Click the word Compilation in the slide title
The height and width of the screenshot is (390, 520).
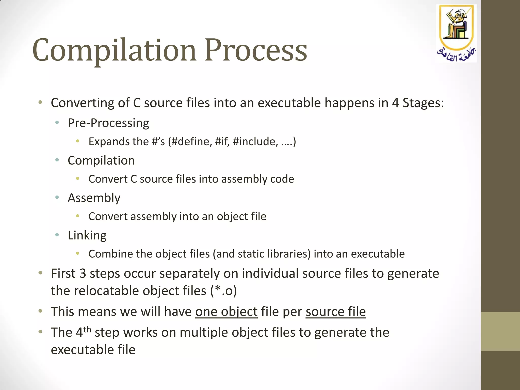click(114, 50)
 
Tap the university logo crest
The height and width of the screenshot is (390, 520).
click(456, 33)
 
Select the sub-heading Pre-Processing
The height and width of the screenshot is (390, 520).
click(108, 123)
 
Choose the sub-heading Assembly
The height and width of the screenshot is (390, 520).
click(94, 198)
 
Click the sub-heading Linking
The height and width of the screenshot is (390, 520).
click(87, 235)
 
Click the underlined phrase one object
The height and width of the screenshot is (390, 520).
click(226, 312)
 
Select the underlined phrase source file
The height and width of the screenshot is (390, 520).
click(335, 312)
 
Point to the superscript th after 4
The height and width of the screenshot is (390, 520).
click(87, 330)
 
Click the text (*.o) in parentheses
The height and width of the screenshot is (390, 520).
click(223, 291)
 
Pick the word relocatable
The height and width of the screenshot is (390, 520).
click(106, 291)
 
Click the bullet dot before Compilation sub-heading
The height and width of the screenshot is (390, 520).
click(57, 160)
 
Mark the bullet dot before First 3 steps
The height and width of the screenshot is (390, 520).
click(40, 273)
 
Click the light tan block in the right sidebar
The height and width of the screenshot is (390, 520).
click(500, 331)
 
